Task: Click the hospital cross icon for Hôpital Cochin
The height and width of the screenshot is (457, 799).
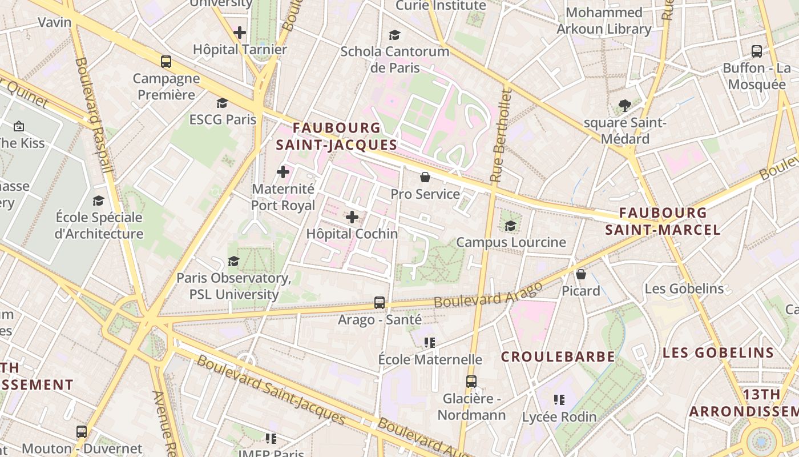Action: click(x=352, y=217)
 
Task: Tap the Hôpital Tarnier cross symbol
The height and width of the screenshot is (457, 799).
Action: click(x=240, y=33)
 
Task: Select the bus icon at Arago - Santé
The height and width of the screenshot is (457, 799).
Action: click(x=380, y=302)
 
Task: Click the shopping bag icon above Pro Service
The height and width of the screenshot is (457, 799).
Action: click(x=425, y=177)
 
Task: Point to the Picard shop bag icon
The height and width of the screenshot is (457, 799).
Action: click(x=581, y=274)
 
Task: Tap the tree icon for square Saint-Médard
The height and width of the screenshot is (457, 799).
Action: click(x=625, y=106)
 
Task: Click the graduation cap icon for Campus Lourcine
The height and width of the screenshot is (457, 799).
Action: click(x=510, y=226)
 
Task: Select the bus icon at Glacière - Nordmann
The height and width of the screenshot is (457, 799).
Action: click(x=471, y=381)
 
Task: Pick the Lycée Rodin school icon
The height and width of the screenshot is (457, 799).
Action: click(x=559, y=400)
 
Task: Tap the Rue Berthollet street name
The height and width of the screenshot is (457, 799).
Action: click(x=501, y=136)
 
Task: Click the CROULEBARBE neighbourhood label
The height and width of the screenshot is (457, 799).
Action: click(x=558, y=357)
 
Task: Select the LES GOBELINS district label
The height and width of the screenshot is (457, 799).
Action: click(x=718, y=352)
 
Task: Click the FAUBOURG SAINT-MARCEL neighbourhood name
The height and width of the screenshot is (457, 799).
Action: click(x=663, y=221)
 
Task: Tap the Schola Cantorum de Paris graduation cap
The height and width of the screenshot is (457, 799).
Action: click(x=394, y=35)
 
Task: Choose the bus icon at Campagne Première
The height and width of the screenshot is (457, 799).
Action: click(x=166, y=62)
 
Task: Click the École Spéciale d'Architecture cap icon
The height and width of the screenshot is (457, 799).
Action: click(x=99, y=201)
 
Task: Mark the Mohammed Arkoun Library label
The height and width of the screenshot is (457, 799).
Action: click(x=604, y=21)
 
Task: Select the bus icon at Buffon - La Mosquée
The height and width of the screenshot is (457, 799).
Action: click(x=757, y=51)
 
